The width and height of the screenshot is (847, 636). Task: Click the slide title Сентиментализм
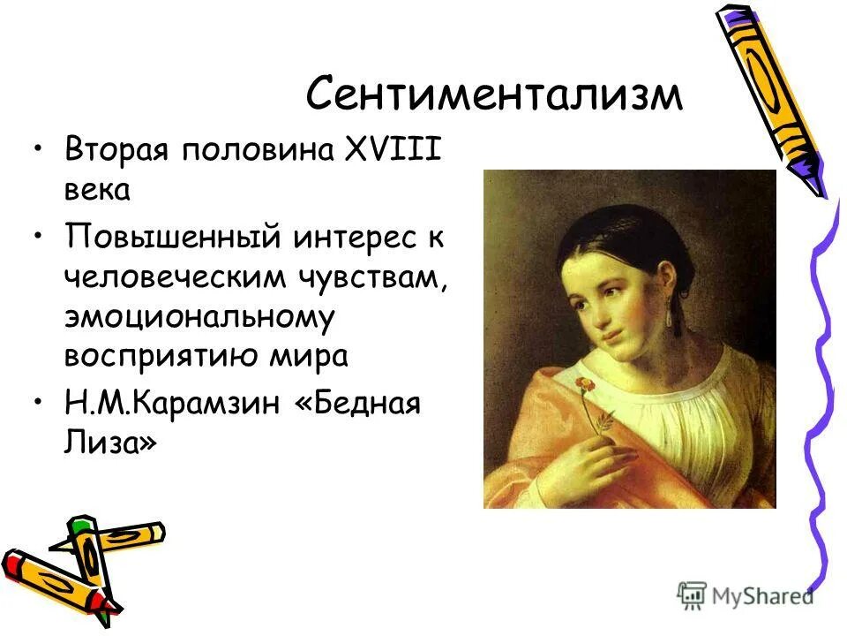tap(494, 95)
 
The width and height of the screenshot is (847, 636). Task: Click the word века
tap(98, 191)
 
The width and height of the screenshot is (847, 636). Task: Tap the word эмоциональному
tap(199, 317)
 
